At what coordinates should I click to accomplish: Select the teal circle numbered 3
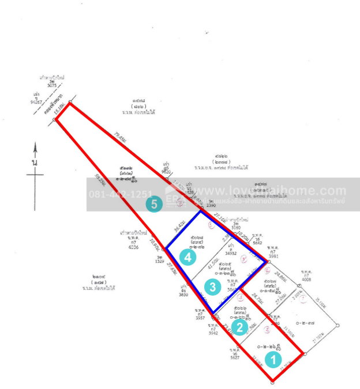tap(213, 286)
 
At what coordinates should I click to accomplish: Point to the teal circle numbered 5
tap(153, 203)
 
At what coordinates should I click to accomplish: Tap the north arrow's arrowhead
tap(36, 149)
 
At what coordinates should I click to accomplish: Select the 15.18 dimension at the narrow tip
tap(59, 110)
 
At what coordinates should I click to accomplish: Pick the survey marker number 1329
tap(160, 261)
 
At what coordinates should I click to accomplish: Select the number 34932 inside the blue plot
tap(231, 252)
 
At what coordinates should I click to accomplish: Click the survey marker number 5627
tap(235, 357)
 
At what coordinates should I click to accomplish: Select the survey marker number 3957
tap(200, 318)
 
